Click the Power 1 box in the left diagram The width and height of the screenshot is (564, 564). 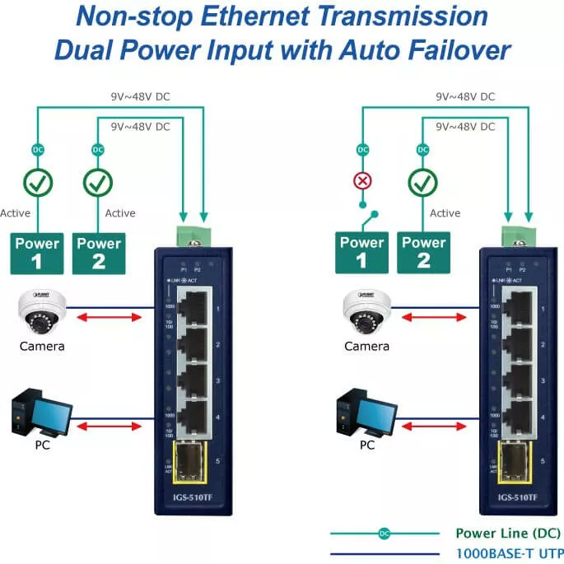coord(37,254)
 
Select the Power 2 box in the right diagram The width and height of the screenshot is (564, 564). coord(424,252)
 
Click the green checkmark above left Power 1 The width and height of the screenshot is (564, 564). coord(37,182)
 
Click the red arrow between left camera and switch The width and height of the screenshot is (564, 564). coord(105,315)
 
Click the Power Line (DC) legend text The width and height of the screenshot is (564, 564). coord(497,534)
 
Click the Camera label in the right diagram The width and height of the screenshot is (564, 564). coord(366,347)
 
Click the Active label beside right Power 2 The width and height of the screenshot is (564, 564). coord(445,213)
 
